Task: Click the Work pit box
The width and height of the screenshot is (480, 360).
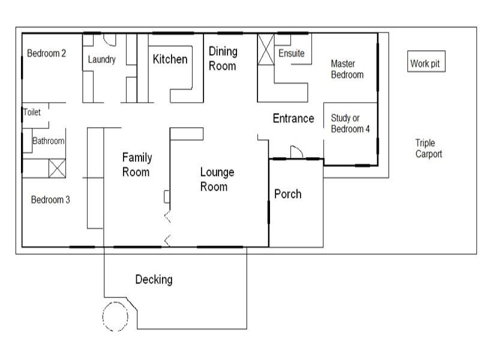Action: click(427, 62)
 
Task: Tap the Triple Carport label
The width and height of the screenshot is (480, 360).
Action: click(428, 148)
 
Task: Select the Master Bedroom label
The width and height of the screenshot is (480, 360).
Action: click(347, 69)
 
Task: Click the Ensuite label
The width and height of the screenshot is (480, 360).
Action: click(291, 53)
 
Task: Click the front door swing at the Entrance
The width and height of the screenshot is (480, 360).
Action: click(296, 152)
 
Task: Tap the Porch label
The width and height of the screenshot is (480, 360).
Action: click(287, 194)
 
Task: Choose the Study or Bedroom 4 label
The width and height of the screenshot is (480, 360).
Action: click(350, 124)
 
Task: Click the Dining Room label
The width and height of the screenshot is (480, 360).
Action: click(223, 58)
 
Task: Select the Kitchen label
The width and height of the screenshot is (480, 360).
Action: click(170, 59)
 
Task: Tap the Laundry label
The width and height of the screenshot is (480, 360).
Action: click(101, 59)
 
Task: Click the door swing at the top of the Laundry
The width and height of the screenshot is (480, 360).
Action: click(109, 40)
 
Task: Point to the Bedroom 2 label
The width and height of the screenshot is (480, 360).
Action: click(46, 53)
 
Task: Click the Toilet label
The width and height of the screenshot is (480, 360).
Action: click(31, 112)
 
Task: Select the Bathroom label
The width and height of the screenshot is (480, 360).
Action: click(47, 141)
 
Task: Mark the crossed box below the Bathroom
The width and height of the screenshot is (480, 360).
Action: click(56, 168)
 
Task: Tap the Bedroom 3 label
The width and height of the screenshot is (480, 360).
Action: click(50, 200)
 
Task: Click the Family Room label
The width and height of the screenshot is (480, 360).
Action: click(137, 164)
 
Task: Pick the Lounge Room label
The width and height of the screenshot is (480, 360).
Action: click(217, 179)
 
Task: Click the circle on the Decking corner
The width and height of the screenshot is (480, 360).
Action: click(115, 316)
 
